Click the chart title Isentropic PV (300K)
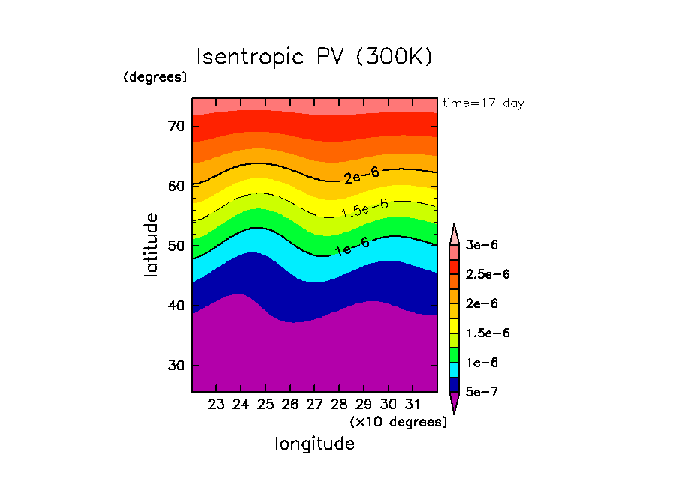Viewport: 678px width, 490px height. coord(314,57)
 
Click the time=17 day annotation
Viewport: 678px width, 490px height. coord(483,103)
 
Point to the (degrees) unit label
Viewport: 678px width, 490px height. coord(155,76)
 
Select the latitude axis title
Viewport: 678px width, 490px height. coord(151,245)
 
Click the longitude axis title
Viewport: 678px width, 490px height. coord(315,444)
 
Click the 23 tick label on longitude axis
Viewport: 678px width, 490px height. coord(217,405)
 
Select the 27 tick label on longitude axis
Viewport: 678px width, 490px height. coord(314,405)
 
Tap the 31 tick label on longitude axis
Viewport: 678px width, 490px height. coord(412,405)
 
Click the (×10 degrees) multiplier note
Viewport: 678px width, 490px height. coord(398,422)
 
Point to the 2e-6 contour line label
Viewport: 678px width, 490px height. coord(361,175)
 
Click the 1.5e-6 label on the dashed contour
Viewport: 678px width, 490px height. coord(364,208)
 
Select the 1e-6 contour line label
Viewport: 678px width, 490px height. coord(352,247)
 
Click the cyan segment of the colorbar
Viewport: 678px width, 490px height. coord(454,369)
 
